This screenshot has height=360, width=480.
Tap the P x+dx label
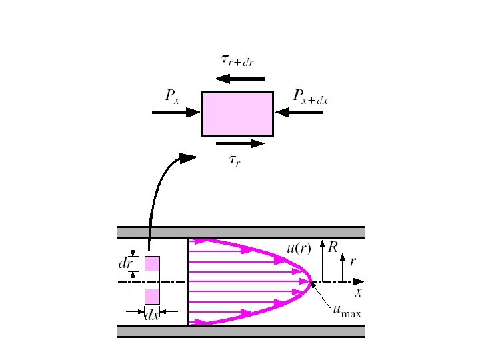tap(311, 98)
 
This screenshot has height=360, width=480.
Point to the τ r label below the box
tap(235, 160)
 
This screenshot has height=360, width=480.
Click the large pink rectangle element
tap(237, 113)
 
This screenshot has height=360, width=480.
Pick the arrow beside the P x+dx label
tap(299, 113)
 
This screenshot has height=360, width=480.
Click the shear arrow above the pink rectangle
tap(240, 79)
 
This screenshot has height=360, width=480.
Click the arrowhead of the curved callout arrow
tap(189, 157)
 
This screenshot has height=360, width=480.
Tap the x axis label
tap(358, 292)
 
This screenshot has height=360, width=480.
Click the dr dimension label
tap(125, 263)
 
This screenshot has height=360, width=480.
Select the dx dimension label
tap(152, 316)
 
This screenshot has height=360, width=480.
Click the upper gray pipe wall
tap(241, 232)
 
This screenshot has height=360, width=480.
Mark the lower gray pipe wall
tap(241, 331)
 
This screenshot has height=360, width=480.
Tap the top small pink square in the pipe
tap(153, 264)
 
